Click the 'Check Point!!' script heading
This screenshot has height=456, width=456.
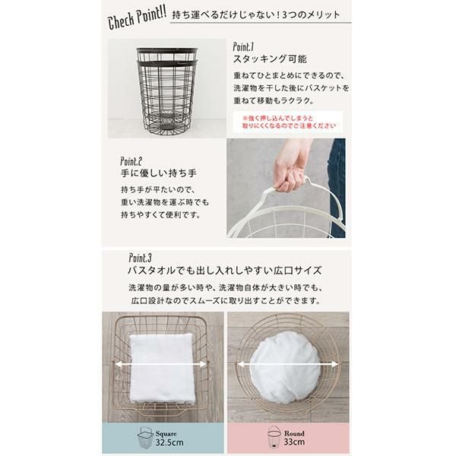tap(137, 18)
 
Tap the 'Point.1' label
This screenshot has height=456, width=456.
tap(243, 47)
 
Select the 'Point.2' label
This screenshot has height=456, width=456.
tap(131, 161)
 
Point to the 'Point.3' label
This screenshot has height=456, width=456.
tap(140, 258)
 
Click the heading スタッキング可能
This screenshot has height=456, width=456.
tap(270, 59)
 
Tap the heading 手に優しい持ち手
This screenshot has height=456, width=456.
tap(159, 173)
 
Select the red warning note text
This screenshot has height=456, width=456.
tap(289, 122)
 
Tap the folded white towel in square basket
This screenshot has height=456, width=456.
tap(162, 368)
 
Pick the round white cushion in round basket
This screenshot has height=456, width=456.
tap(285, 368)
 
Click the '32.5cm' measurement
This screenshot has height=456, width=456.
tap(169, 442)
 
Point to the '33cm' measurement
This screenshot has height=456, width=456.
tap(294, 442)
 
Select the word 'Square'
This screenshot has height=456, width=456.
tap(166, 434)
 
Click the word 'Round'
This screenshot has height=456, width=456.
tap(294, 433)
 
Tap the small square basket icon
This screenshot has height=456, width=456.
tap(146, 438)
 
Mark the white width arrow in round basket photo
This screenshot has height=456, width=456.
tap(287, 364)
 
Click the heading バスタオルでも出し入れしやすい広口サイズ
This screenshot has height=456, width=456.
tap(225, 271)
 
